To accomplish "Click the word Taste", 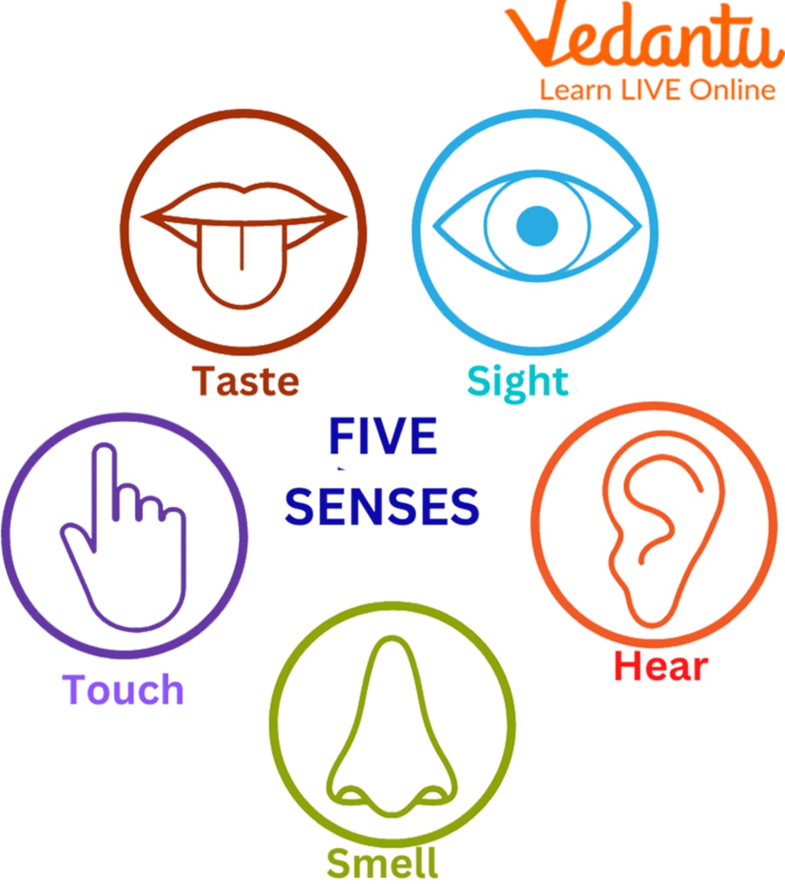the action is (x=245, y=381).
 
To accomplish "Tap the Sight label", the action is (x=517, y=381).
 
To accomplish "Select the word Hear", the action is (x=661, y=666).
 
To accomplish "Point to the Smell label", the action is (x=382, y=863).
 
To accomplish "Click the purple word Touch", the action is (x=123, y=689).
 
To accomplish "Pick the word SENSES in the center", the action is (x=382, y=506).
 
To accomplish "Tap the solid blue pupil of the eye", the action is (x=537, y=226).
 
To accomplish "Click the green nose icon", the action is (x=391, y=735).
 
